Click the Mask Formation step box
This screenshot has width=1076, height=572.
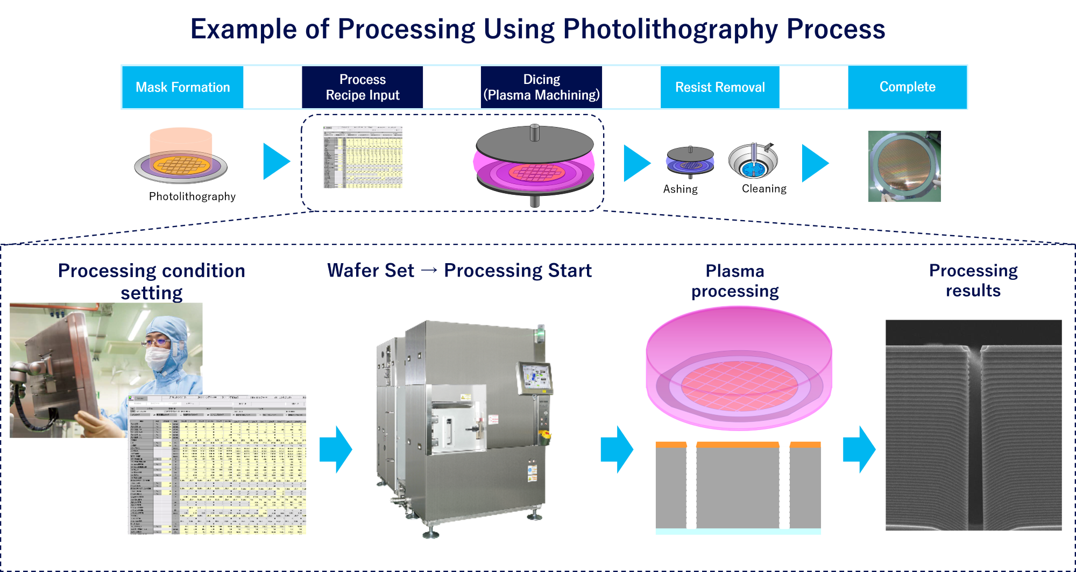coord(182,87)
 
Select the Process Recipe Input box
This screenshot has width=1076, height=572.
coord(363,87)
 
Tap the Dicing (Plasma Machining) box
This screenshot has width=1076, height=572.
coord(541,87)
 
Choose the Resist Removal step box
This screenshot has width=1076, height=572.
coord(720,87)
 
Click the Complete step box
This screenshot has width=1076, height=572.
coord(907,87)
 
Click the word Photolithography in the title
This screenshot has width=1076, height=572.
coord(670,29)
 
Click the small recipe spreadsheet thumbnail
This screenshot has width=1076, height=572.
coord(362,157)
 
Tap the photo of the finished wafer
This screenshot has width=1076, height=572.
coord(904,166)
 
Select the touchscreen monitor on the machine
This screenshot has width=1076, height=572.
coord(535,377)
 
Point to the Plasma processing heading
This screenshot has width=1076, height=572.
coord(735,281)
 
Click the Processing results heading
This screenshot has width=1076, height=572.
coord(973,280)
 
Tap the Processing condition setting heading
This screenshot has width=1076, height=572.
coord(152,281)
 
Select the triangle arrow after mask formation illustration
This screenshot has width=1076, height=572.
coord(276,161)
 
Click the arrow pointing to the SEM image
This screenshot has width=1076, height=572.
coord(859,449)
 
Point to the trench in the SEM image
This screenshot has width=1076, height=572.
coord(974,430)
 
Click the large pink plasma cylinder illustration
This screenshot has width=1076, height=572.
coord(739,366)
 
